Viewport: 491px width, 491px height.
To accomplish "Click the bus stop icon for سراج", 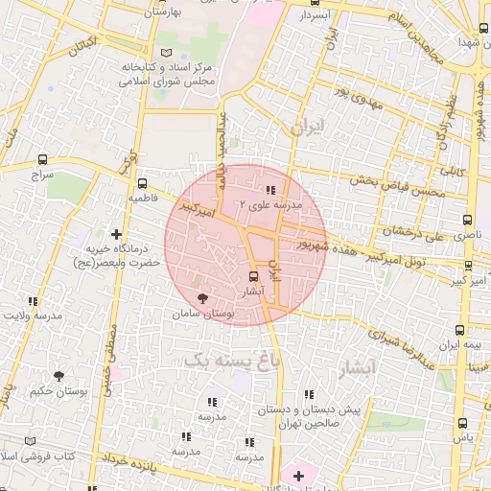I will pos(43,159).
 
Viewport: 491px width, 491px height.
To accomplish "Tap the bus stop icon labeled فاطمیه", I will pos(143,183).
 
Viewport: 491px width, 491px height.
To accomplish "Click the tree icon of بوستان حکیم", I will pos(58,376).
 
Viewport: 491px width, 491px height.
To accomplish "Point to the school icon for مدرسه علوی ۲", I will pos(270,190).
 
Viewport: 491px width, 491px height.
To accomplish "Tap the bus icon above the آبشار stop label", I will pos(253,274).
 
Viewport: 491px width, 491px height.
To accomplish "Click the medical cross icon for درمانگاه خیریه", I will pos(117,233).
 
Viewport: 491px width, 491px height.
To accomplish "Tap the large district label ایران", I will pos(309,127).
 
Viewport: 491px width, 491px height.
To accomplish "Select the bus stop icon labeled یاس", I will pos(462,422).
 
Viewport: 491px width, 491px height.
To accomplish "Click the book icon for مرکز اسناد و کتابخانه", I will pos(168,52).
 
